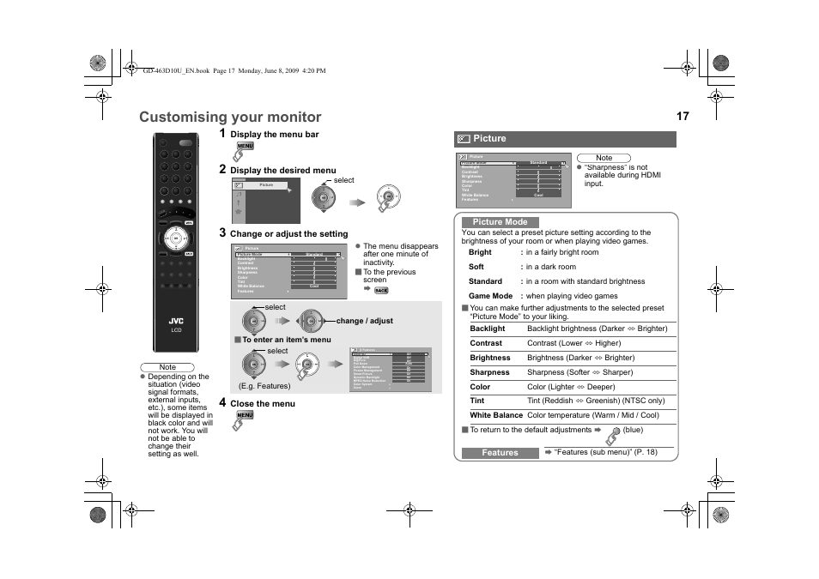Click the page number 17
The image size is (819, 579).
(x=682, y=116)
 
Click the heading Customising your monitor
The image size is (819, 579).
(x=230, y=118)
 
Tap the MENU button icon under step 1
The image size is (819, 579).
(x=245, y=147)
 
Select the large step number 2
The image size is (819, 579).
(x=222, y=169)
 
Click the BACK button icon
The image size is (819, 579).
(x=382, y=291)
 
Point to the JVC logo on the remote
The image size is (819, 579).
(x=176, y=321)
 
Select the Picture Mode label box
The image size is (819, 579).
(x=500, y=222)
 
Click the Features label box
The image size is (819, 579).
(x=500, y=453)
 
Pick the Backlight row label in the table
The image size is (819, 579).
(x=488, y=329)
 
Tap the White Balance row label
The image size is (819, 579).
(x=496, y=415)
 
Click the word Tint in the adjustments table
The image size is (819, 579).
(x=477, y=401)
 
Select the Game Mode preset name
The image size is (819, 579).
(x=491, y=296)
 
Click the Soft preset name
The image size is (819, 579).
(x=476, y=267)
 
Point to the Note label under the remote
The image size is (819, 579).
(x=167, y=367)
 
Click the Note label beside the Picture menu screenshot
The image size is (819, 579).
(x=604, y=158)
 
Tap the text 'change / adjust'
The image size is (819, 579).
(x=365, y=321)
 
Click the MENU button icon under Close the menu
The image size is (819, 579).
(x=245, y=415)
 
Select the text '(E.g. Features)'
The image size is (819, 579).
(x=264, y=386)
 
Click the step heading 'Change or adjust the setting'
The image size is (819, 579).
(x=288, y=234)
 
